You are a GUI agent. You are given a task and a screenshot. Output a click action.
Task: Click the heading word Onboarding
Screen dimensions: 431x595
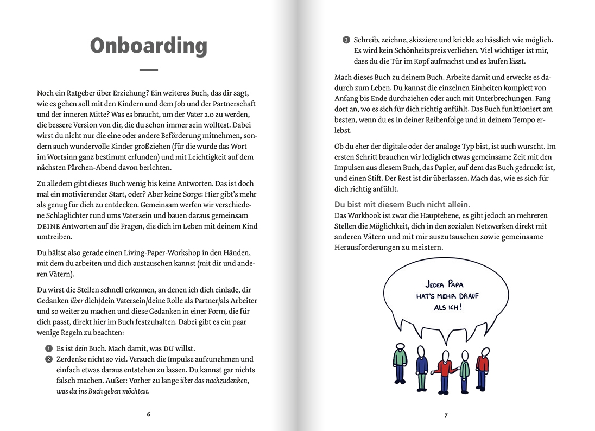tap(148, 46)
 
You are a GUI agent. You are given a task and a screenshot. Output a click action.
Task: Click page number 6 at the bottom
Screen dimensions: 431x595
tap(148, 414)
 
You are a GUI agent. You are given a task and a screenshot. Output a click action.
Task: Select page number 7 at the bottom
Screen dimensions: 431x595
tap(446, 416)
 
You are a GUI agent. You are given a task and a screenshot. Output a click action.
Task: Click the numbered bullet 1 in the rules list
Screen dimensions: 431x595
tap(48, 348)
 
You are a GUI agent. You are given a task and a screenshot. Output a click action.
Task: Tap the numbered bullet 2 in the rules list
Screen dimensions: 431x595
tap(48, 359)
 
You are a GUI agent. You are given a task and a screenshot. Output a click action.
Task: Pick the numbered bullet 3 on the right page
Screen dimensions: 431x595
tap(346, 40)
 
